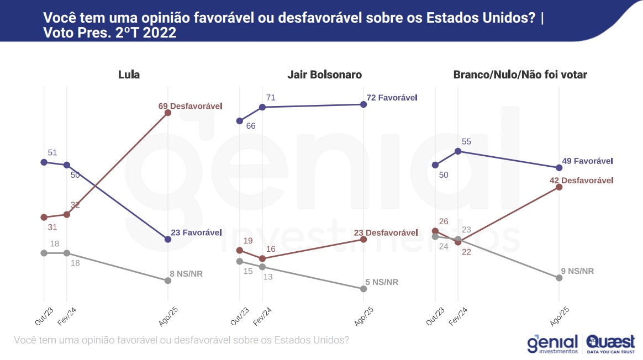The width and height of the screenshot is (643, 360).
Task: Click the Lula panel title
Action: tap(129, 75)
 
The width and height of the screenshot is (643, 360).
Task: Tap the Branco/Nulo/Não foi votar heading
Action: tap(520, 75)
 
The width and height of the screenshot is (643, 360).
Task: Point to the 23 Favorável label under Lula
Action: tap(196, 232)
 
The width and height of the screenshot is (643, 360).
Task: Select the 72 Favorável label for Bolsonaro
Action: tap(392, 97)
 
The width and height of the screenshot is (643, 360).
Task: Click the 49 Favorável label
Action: tap(588, 161)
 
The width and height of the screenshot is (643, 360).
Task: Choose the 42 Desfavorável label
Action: tap(581, 180)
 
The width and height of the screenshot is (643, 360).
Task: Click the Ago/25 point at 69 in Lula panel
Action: tap(168, 113)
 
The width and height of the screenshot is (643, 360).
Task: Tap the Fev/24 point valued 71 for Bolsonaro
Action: tap(262, 107)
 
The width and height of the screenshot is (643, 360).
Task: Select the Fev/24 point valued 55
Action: tap(458, 151)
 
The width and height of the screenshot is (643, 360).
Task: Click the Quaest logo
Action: tap(610, 343)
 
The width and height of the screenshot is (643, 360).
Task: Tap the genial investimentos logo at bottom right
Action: tap(552, 344)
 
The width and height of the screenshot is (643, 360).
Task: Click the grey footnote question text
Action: tap(181, 340)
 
